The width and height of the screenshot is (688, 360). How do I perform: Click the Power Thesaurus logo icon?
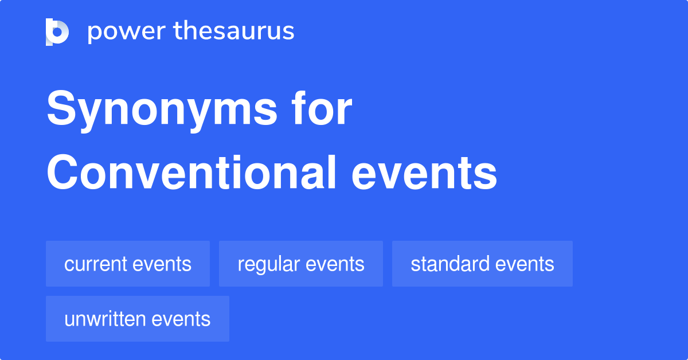click(x=57, y=32)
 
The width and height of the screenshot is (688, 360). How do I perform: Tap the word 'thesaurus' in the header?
click(x=234, y=32)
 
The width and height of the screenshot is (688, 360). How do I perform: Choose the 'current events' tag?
click(x=128, y=264)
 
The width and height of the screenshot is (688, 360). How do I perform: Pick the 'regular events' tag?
click(x=301, y=264)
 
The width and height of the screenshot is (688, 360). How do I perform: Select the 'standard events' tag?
click(x=482, y=264)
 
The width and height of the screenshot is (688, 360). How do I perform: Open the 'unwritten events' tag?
click(x=138, y=319)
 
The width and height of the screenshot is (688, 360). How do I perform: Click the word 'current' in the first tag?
click(x=95, y=264)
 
